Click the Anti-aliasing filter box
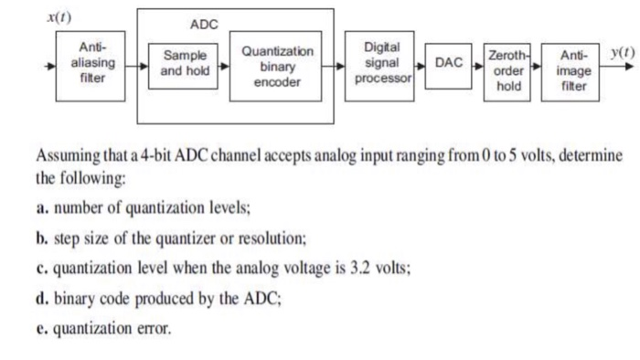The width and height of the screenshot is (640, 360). coord(91,63)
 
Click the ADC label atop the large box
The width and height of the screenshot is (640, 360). coord(203,25)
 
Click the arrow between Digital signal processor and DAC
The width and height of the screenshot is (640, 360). coord(420,65)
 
